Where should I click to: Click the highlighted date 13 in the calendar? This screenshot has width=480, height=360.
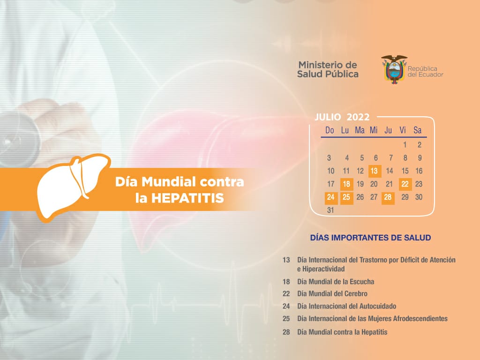(375, 171)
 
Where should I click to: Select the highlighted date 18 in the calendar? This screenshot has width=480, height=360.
(346, 184)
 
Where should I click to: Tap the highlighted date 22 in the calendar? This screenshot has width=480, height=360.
(405, 184)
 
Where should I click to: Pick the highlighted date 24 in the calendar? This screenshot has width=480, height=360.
(331, 197)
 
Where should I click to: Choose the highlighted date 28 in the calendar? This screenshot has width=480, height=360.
(388, 197)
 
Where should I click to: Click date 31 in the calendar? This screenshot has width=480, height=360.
(330, 210)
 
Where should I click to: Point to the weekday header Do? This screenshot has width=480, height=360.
(330, 130)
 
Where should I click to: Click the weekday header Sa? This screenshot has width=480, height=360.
(418, 130)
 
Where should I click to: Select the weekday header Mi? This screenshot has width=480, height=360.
(374, 130)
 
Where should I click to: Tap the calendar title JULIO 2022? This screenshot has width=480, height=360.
(342, 117)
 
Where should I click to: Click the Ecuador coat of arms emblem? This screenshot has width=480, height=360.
(394, 69)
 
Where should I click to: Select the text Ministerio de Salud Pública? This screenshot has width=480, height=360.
(328, 69)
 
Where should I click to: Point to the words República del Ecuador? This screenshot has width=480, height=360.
(425, 72)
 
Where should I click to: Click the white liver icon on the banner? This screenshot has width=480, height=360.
(72, 187)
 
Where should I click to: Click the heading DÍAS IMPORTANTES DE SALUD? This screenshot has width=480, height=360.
(370, 238)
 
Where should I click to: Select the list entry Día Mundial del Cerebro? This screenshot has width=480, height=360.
(332, 294)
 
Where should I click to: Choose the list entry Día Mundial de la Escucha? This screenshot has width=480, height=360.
(336, 282)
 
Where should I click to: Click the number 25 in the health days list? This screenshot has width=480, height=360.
(286, 319)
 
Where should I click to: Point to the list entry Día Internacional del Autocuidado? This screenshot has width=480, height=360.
(346, 307)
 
